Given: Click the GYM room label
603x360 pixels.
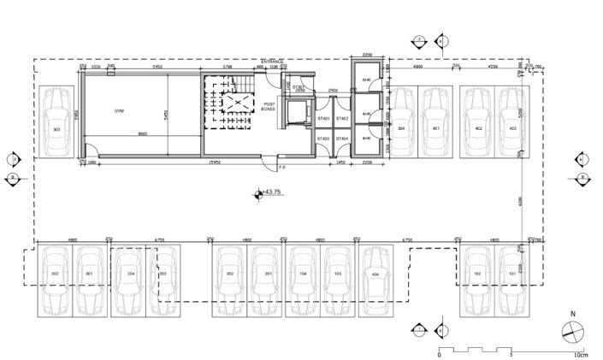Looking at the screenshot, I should [x=120, y=112].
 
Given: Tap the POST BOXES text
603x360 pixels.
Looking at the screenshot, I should [x=269, y=107].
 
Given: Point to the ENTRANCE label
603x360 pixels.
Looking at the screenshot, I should [x=273, y=62].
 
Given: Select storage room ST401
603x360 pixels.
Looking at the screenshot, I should [x=323, y=119].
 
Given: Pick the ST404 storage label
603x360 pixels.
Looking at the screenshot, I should [x=342, y=139].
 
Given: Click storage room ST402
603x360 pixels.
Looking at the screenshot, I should [x=342, y=119].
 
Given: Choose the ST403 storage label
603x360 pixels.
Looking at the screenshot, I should [x=323, y=139].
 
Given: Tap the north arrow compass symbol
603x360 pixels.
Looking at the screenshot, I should [x=572, y=333].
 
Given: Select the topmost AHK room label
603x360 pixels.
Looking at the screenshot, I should [x=366, y=81].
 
